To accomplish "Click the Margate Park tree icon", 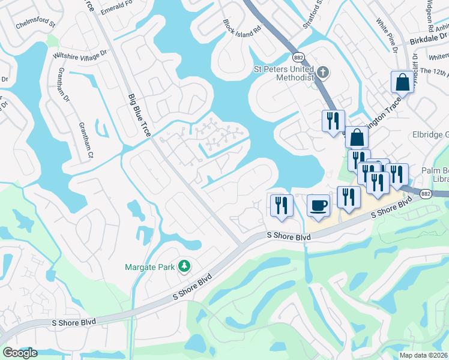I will pyautogui.click(x=185, y=265).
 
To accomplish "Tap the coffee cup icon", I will pyautogui.click(x=318, y=206).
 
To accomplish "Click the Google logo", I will pyautogui.click(x=20, y=353).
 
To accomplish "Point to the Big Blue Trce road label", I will pyautogui.click(x=139, y=116).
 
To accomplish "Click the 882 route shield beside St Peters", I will pyautogui.click(x=298, y=58).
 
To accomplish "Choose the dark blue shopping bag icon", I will pyautogui.click(x=357, y=137).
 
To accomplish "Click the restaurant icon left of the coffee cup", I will pyautogui.click(x=280, y=205).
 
